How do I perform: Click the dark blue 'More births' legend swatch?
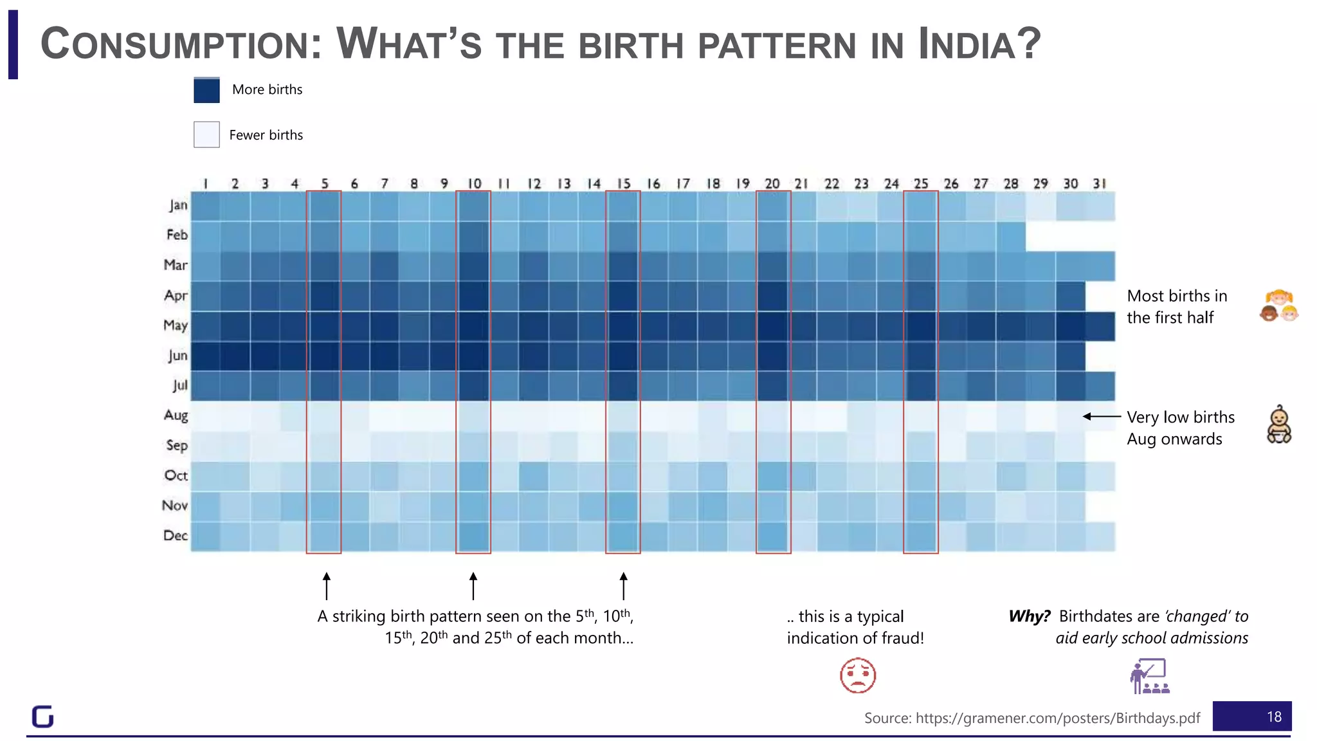206,90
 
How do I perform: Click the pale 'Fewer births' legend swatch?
206,134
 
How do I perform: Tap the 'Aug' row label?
176,415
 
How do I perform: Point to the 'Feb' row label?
177,235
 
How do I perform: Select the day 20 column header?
772,184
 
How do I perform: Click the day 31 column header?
1100,184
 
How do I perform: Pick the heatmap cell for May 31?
1100,326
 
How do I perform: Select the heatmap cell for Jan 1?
205,206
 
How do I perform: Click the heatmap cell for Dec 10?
473,536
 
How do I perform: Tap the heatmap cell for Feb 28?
1011,236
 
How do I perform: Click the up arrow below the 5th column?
326,585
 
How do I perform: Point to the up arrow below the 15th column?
623,585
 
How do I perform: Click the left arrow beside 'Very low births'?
1101,417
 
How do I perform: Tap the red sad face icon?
858,675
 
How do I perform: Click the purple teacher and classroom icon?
1150,676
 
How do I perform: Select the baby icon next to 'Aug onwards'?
1279,425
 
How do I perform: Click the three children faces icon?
1279,306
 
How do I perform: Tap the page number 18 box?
1251,717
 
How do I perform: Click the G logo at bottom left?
43,717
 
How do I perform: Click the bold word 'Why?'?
1029,616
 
